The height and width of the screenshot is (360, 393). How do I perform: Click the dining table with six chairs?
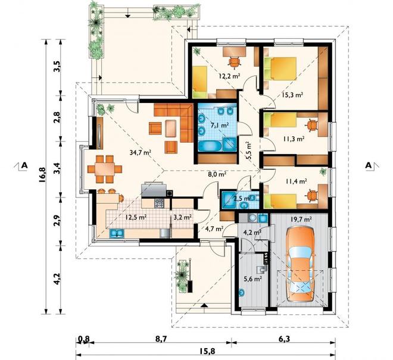105,169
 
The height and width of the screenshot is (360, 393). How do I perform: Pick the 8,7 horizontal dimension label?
161,339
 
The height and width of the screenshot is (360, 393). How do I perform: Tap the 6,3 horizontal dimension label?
284,339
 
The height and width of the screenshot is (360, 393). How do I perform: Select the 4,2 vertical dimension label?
57,278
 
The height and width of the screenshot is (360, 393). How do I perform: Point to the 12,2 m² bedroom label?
230,76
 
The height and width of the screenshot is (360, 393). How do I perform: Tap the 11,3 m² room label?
294,139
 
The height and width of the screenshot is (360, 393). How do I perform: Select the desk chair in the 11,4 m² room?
312,195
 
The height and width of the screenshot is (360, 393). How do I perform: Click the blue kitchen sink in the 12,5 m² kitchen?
117,233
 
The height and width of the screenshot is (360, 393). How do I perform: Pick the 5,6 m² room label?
253,278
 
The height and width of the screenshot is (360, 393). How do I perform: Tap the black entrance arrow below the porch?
204,305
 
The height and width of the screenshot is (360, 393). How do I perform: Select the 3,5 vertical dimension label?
57,67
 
